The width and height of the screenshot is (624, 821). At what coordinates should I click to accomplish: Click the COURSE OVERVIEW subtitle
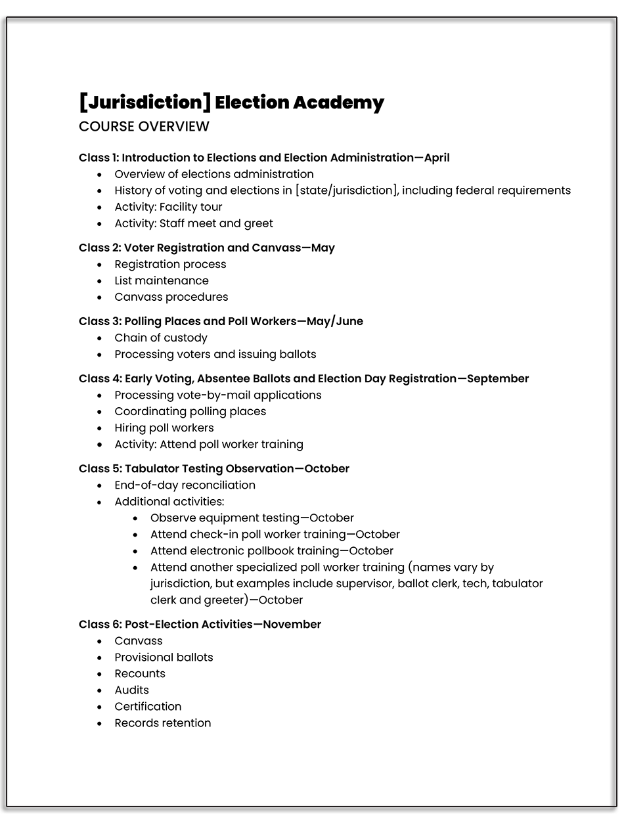pyautogui.click(x=144, y=126)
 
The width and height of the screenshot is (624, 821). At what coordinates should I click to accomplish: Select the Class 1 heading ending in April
pyautogui.click(x=264, y=158)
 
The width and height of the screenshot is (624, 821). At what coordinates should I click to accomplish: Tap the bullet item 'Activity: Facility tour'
pyautogui.click(x=168, y=207)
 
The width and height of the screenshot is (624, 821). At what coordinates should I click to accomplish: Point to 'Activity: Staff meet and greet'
pyautogui.click(x=194, y=223)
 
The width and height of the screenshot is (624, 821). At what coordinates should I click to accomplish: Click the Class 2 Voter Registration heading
pyautogui.click(x=207, y=248)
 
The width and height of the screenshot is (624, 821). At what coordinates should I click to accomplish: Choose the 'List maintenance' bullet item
pyautogui.click(x=162, y=280)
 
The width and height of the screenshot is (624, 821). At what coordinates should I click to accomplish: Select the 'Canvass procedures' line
pyautogui.click(x=171, y=297)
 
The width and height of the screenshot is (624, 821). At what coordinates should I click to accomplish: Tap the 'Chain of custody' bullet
pyautogui.click(x=161, y=338)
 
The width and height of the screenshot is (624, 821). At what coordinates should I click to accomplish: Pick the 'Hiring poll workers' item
pyautogui.click(x=164, y=428)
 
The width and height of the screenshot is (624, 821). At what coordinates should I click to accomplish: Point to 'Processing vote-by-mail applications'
pyautogui.click(x=218, y=395)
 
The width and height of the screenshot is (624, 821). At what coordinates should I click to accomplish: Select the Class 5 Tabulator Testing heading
pyautogui.click(x=214, y=468)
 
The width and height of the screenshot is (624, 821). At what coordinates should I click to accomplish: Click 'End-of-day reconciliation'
pyautogui.click(x=185, y=485)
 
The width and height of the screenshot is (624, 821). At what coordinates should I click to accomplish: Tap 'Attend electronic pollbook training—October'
pyautogui.click(x=272, y=550)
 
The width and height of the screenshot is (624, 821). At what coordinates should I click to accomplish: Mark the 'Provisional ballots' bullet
pyautogui.click(x=164, y=657)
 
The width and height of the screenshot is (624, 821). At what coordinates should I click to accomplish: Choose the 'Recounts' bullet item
pyautogui.click(x=140, y=673)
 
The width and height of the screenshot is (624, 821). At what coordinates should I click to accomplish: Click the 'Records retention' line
pyautogui.click(x=163, y=722)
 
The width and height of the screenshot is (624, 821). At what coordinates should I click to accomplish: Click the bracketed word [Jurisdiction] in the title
pyautogui.click(x=145, y=102)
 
